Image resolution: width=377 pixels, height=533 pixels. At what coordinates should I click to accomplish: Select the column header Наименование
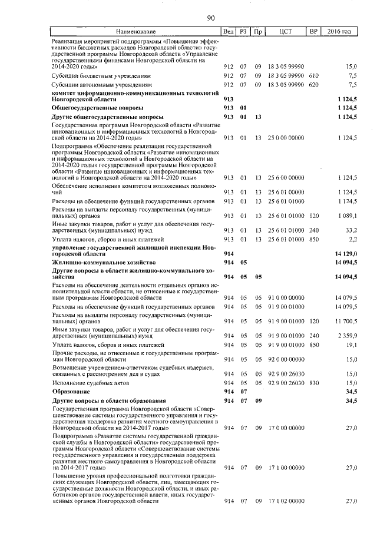click(135, 31)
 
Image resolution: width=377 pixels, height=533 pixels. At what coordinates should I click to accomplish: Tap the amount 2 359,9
click(346, 336)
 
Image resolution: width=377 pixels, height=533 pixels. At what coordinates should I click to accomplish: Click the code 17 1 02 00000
click(286, 501)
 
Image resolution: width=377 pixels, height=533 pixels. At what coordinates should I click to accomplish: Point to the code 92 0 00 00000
click(286, 359)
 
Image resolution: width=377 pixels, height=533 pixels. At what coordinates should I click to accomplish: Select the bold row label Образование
click(70, 391)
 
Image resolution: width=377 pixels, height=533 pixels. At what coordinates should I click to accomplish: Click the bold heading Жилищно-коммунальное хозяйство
click(103, 261)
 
